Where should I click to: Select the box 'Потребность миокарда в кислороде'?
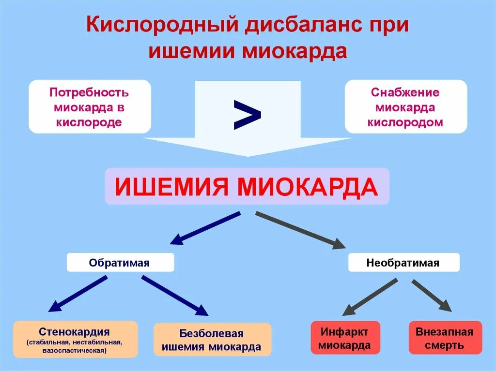(90, 106)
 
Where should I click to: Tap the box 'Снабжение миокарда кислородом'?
(405, 106)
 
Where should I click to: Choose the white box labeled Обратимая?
(120, 263)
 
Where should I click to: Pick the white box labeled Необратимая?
(403, 263)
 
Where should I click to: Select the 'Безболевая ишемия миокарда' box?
(212, 340)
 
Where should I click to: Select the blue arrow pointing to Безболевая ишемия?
(174, 295)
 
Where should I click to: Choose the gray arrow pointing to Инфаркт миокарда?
(370, 296)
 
